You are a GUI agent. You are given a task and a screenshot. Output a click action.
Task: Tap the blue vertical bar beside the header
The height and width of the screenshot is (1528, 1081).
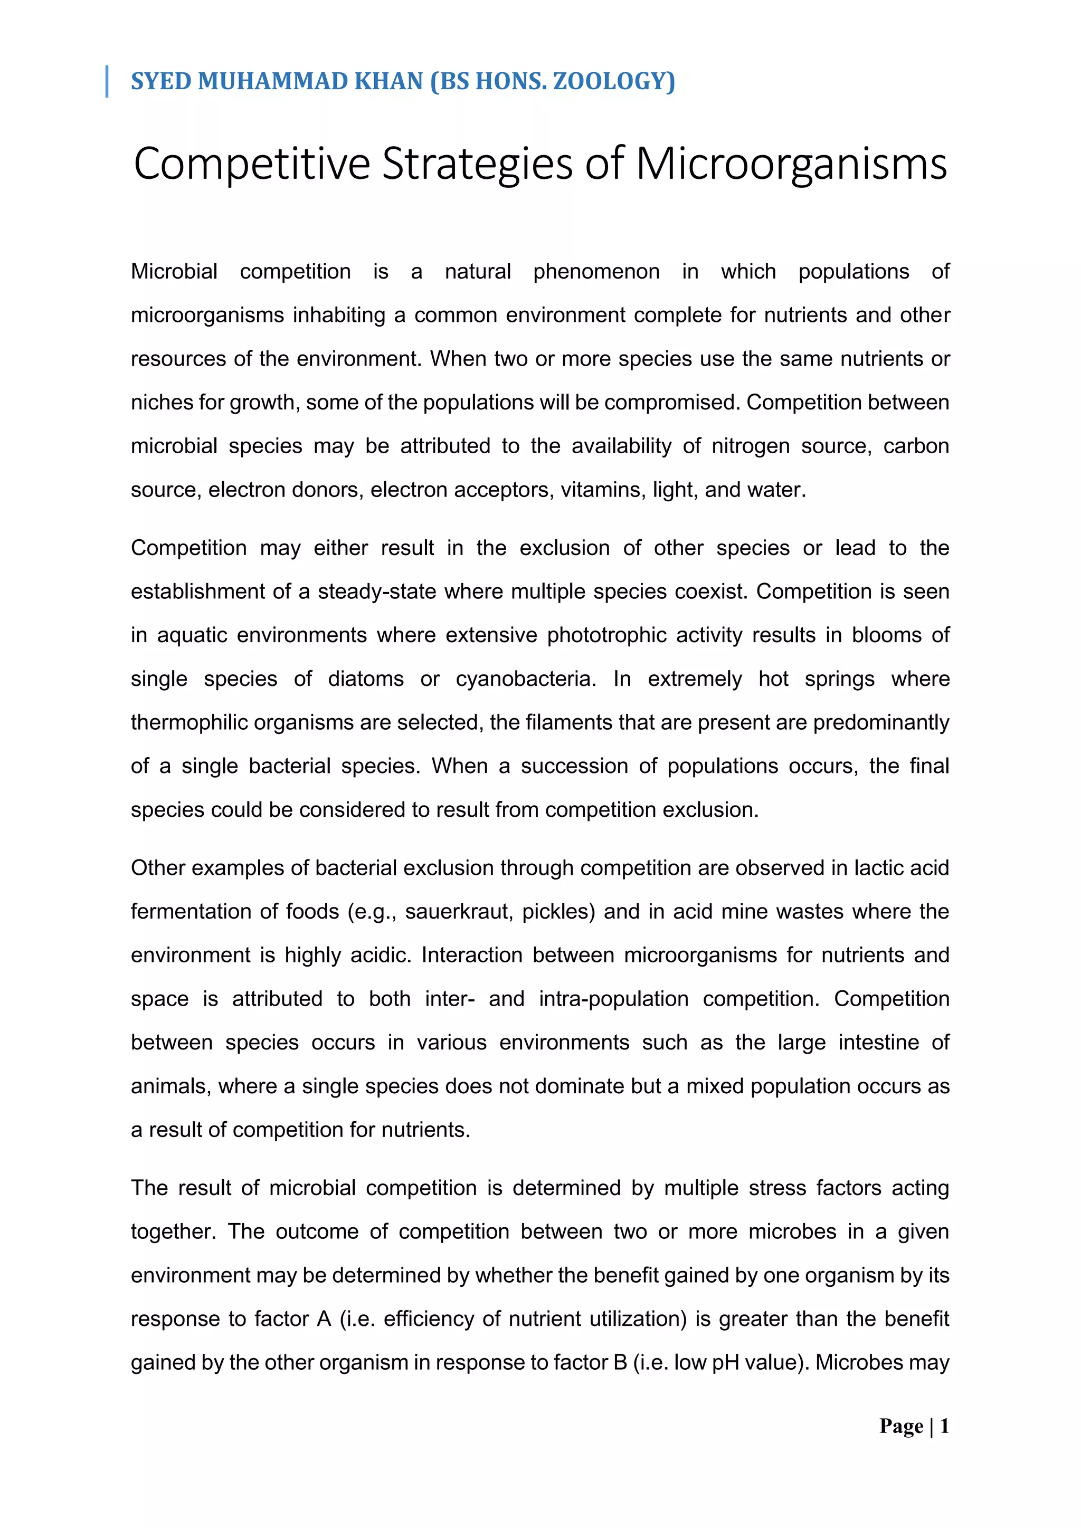click(x=107, y=81)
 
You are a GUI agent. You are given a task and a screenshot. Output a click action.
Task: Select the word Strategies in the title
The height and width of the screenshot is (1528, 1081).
click(x=477, y=164)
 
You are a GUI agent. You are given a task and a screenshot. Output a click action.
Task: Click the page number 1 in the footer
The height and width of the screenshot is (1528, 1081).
click(x=944, y=1426)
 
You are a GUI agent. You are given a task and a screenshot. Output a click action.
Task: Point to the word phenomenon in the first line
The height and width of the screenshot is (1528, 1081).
click(x=596, y=272)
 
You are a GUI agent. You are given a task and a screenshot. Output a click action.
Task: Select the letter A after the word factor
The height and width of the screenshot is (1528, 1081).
click(x=324, y=1319)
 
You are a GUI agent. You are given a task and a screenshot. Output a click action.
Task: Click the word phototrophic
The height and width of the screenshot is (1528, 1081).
click(x=606, y=636)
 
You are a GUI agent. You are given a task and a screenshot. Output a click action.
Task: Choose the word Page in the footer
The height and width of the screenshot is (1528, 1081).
click(x=900, y=1426)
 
